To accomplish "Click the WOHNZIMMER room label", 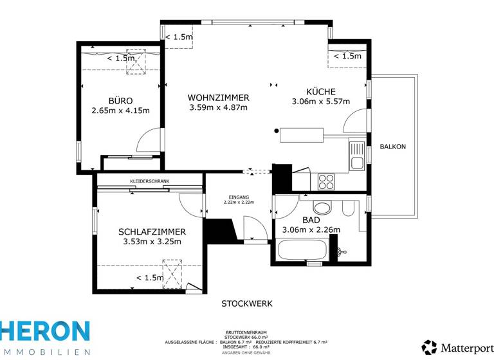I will pyautogui.click(x=218, y=97).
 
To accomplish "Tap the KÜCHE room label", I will pyautogui.click(x=320, y=91).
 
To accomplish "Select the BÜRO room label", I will pyautogui.click(x=120, y=100).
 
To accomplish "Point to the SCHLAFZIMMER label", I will pyautogui.click(x=152, y=232).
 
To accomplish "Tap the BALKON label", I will pyautogui.click(x=393, y=147).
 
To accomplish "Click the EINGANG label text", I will pyautogui.click(x=239, y=197).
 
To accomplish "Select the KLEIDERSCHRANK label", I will pyautogui.click(x=149, y=182).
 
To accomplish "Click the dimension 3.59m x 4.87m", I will pyautogui.click(x=218, y=107).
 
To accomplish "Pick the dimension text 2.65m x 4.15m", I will pyautogui.click(x=120, y=111).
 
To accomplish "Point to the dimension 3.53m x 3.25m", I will pyautogui.click(x=152, y=242).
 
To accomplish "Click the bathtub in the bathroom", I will pyautogui.click(x=302, y=250).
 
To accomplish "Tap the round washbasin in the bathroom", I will pyautogui.click(x=320, y=208).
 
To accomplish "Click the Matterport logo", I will pyautogui.click(x=457, y=347).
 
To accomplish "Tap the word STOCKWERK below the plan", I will pyautogui.click(x=247, y=303).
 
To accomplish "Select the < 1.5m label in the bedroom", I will pyautogui.click(x=149, y=278).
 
